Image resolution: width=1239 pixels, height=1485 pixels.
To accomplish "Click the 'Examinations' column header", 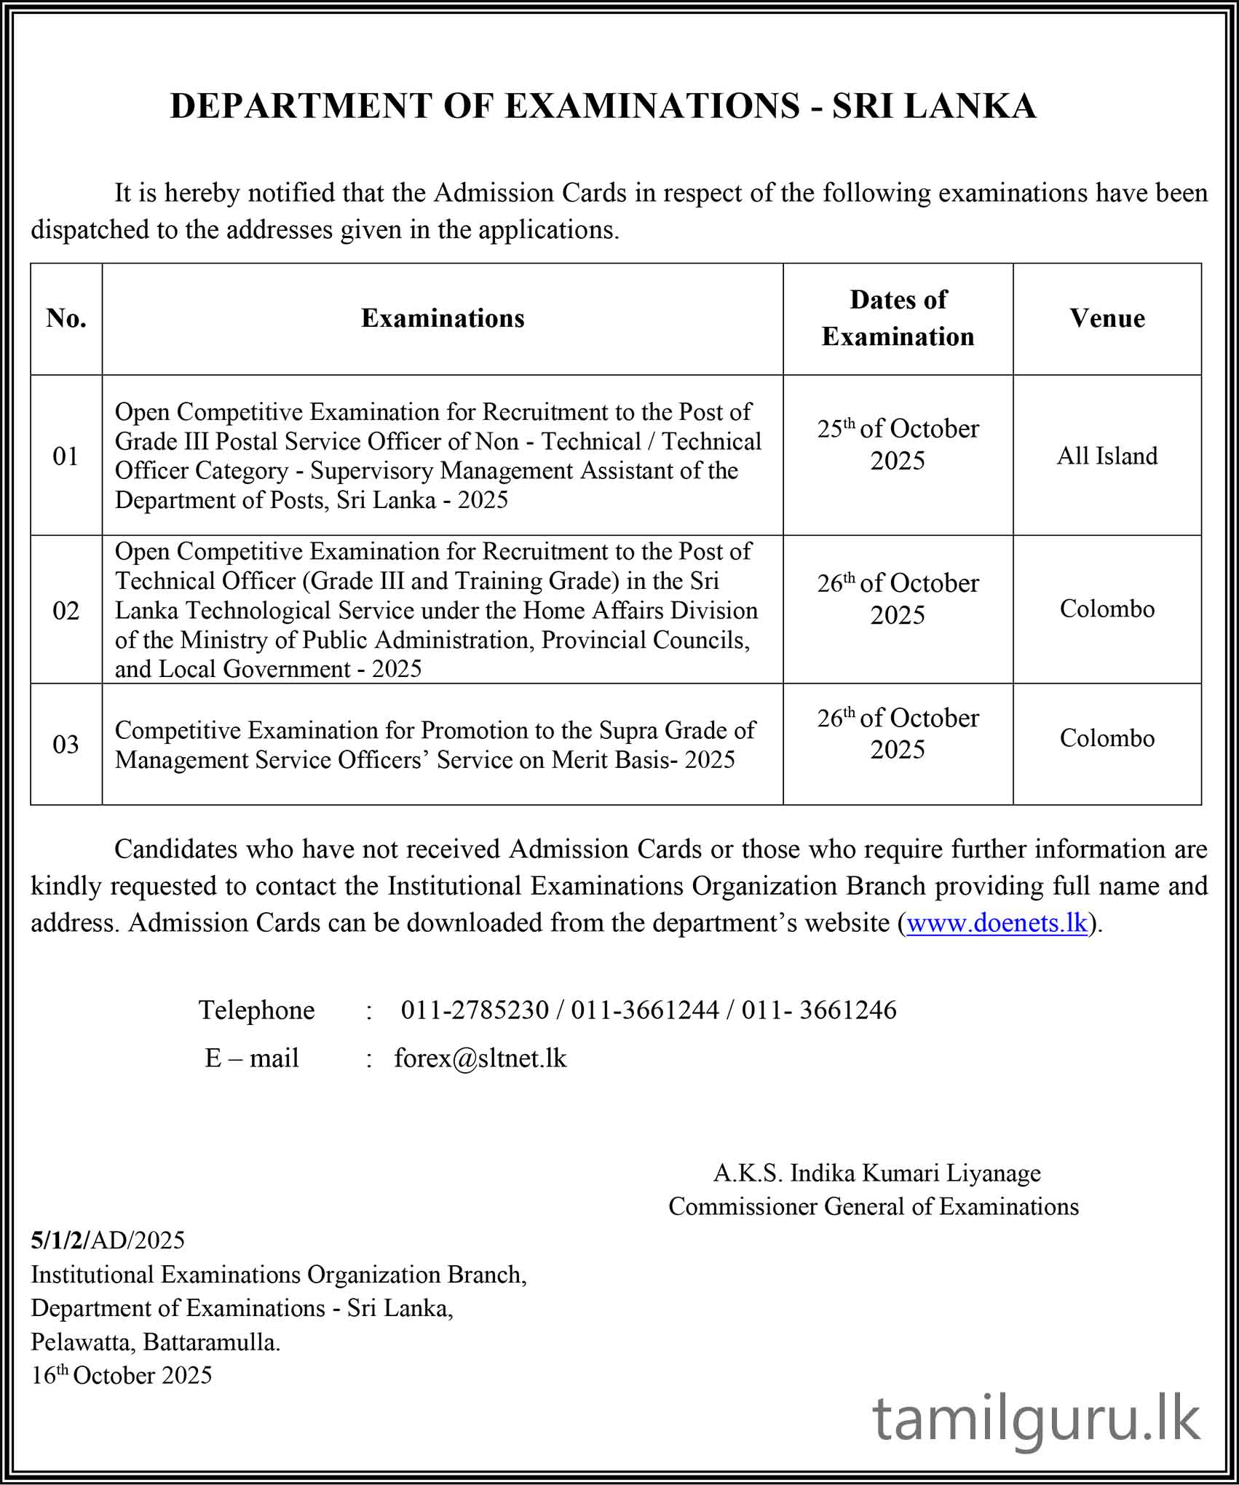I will tap(443, 319).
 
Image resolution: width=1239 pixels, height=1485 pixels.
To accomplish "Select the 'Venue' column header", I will tap(1107, 319).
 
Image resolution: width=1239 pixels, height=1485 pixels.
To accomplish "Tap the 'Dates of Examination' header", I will tap(898, 318).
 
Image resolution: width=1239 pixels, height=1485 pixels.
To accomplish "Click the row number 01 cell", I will tap(66, 456).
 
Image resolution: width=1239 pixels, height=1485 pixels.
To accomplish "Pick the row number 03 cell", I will tap(66, 745).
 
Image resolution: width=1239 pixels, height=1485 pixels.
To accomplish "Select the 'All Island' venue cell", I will tap(1107, 456).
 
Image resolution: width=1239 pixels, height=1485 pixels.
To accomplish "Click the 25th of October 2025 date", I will tap(898, 444).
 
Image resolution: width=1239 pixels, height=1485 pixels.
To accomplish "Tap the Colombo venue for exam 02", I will tap(1107, 609).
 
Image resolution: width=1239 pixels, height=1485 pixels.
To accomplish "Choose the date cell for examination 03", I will tap(898, 733).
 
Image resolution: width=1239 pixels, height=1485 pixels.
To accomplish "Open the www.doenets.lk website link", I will tap(997, 923).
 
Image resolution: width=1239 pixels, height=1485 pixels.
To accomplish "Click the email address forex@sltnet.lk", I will tap(480, 1058).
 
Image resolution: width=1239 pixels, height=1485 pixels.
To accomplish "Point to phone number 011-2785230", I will tap(475, 1010).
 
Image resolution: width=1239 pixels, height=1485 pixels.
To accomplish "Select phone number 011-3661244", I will tap(645, 1010).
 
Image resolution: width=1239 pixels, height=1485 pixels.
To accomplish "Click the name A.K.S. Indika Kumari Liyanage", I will tap(876, 1173).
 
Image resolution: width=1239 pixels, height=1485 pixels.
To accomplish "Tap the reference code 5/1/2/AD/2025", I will tap(108, 1240).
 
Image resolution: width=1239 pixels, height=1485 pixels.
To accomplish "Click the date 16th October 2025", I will tap(121, 1375).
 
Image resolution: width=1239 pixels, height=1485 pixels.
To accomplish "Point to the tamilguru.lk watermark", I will tap(1036, 1420).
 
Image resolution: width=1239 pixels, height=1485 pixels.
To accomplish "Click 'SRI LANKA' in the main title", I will tap(934, 106).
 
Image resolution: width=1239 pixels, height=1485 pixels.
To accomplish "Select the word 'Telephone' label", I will tap(256, 1010).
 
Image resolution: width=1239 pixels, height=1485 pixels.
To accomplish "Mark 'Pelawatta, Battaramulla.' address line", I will tap(155, 1342).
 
